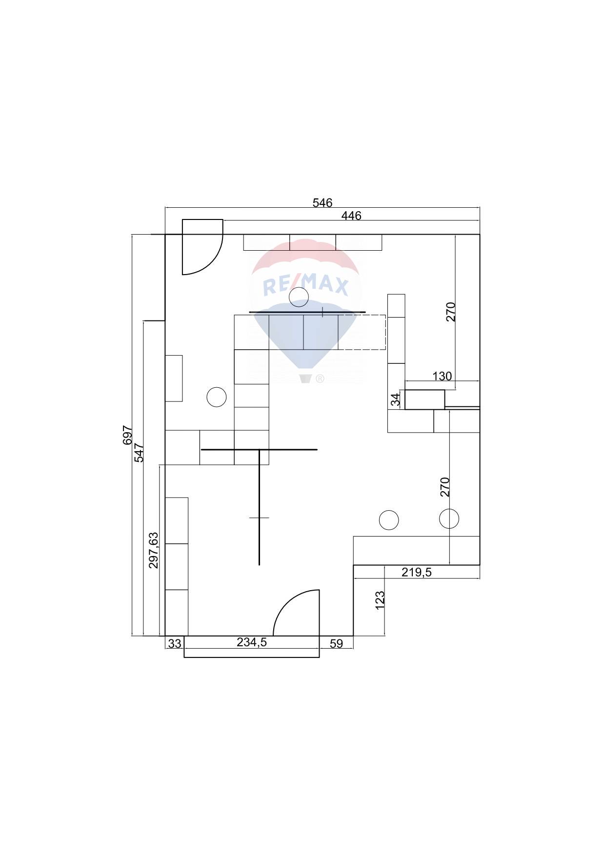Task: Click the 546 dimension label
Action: click(322, 202)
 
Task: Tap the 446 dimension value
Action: click(351, 216)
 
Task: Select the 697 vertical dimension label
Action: click(128, 435)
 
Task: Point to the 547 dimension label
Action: click(140, 453)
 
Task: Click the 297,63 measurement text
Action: click(154, 550)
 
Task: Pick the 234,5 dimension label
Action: click(252, 642)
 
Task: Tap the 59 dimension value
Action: click(336, 644)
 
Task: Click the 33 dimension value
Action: click(175, 644)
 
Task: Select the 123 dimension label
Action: click(380, 601)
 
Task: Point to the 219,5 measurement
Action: click(417, 572)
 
